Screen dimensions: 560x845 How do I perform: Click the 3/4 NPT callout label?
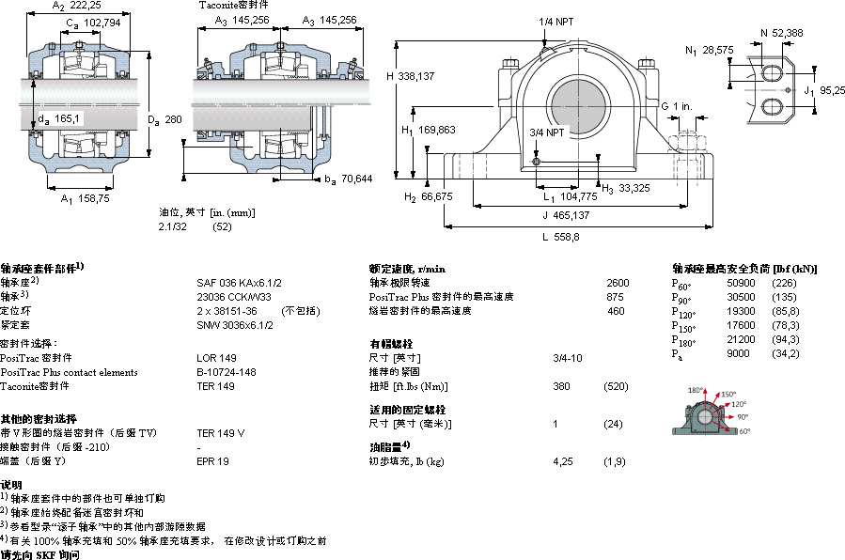547,132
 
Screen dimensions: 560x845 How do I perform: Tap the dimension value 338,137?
415,77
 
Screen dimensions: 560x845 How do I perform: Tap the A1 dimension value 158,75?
91,199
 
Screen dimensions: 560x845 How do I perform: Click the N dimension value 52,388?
787,34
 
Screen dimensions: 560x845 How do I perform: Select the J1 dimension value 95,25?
831,90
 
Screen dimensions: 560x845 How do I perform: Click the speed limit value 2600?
618,282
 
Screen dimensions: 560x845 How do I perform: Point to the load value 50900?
742,282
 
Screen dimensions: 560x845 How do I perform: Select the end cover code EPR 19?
212,460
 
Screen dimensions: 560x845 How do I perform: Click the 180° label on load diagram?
696,390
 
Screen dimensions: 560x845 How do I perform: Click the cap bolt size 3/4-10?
567,358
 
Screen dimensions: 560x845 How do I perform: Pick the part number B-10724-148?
226,372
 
